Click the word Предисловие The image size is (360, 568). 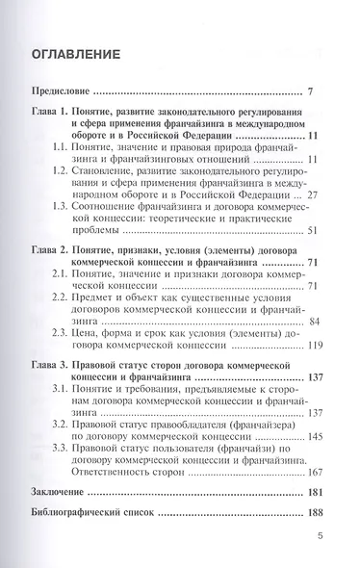pyautogui.click(x=61, y=92)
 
